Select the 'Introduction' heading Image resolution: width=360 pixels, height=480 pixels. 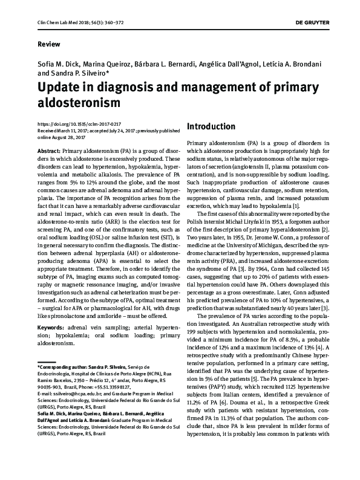click(x=211, y=126)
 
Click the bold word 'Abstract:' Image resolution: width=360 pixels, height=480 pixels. click(x=48, y=149)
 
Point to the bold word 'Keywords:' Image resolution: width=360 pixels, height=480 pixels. click(x=51, y=327)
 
